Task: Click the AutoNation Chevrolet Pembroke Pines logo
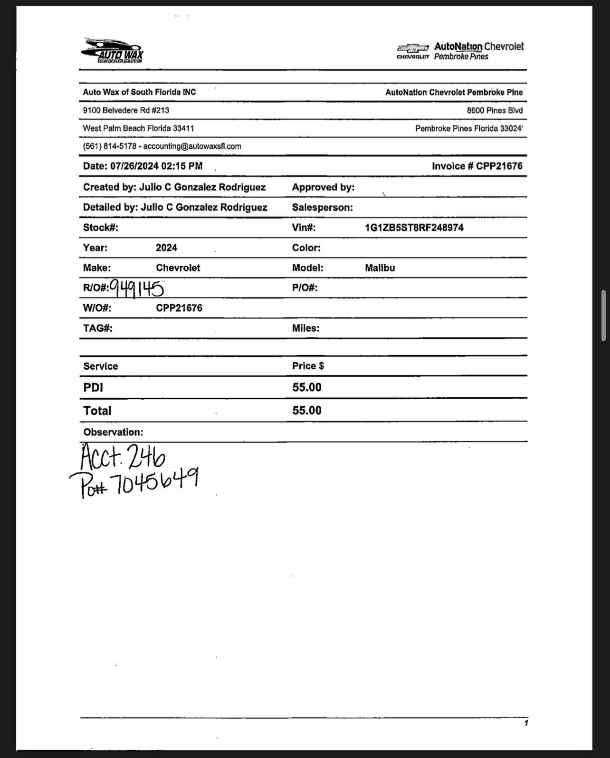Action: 460,51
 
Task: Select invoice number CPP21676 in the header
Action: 499,166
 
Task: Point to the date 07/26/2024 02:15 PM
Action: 156,166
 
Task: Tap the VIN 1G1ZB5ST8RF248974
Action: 414,228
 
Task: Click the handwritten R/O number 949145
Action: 137,288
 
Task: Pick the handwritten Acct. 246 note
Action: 123,457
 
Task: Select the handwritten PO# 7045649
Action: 134,481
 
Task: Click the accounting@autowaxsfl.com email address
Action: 192,146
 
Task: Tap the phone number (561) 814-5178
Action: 109,146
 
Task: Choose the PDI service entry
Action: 93,387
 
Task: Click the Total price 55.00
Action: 307,411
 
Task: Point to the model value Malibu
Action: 380,268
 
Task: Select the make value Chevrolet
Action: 178,268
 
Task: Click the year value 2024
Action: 166,248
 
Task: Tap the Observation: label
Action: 113,432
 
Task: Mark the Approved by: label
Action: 323,187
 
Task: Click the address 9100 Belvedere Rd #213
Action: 126,110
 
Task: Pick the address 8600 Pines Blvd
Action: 494,110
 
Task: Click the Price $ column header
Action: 308,366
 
